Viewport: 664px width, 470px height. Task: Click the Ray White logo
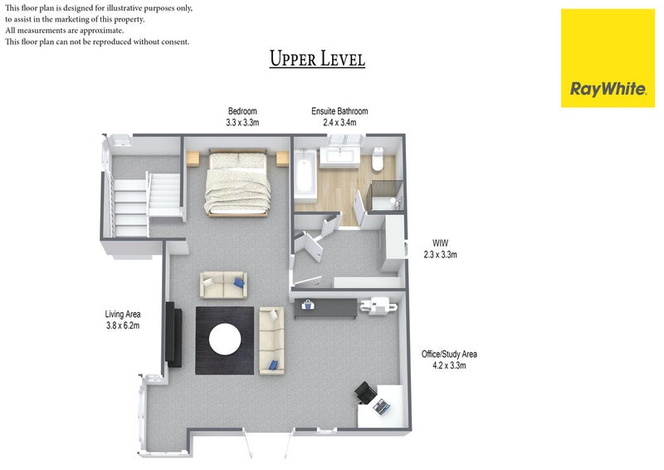pyautogui.click(x=608, y=58)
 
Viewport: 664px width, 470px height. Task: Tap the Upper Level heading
pyautogui.click(x=317, y=58)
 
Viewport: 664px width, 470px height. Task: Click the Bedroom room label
pyautogui.click(x=242, y=111)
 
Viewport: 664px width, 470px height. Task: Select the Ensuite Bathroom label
pyautogui.click(x=339, y=111)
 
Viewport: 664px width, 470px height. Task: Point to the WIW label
pyautogui.click(x=440, y=243)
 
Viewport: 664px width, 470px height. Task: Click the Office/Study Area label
pyautogui.click(x=449, y=354)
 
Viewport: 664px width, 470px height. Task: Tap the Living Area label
pyautogui.click(x=123, y=314)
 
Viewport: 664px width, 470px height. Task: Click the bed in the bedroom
pyautogui.click(x=237, y=183)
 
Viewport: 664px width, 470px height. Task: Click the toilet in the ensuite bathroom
pyautogui.click(x=378, y=159)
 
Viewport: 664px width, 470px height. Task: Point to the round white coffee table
pyautogui.click(x=225, y=340)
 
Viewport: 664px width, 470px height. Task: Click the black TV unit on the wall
pyautogui.click(x=173, y=335)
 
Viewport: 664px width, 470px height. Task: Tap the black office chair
pyautogui.click(x=364, y=392)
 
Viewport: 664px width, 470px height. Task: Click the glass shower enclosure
pyautogui.click(x=385, y=195)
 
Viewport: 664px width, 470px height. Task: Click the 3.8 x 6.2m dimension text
pyautogui.click(x=123, y=326)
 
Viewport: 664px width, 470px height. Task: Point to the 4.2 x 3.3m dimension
pyautogui.click(x=449, y=365)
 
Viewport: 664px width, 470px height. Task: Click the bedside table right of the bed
pyautogui.click(x=282, y=159)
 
